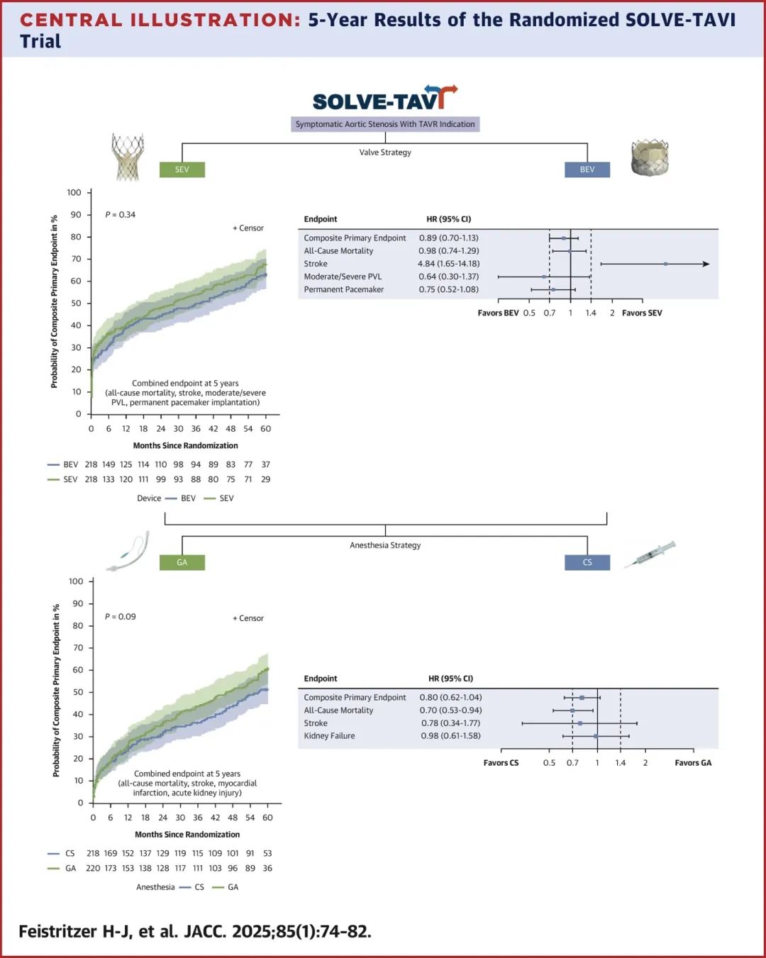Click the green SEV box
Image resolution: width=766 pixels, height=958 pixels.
coord(182,169)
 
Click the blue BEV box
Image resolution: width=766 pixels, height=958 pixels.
coord(587,169)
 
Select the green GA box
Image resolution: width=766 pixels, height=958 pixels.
coord(182,562)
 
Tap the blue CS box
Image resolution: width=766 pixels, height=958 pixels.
coord(587,562)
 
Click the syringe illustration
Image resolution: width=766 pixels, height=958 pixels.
coord(650,554)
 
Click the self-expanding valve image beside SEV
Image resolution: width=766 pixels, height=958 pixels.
coord(128,156)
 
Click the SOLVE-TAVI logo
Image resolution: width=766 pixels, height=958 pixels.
coord(384,99)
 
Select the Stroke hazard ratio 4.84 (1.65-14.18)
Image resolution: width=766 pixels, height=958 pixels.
coord(448,264)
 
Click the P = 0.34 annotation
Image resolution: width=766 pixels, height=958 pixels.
coord(120,215)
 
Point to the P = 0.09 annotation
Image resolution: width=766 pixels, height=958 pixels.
coord(120,617)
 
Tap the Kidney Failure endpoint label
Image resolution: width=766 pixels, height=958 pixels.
coord(329,736)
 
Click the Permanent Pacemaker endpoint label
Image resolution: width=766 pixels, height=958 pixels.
coord(343,289)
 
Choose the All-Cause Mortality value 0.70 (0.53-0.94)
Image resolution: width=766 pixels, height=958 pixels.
coord(450,711)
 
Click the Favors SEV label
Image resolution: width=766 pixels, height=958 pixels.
coord(642,313)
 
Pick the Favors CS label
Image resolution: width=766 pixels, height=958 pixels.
coord(501,763)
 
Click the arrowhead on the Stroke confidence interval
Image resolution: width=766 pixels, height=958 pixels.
coord(705,264)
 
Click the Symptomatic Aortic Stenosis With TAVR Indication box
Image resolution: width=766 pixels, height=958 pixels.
coord(385,124)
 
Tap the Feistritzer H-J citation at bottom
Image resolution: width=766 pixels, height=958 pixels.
coord(195,931)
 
